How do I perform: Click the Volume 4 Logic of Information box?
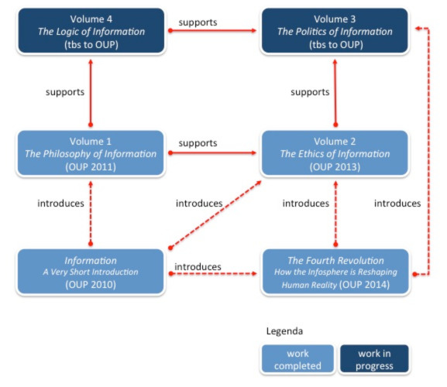[x=91, y=31]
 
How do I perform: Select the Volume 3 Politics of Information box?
[x=335, y=31]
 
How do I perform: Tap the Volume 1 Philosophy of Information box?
[x=91, y=153]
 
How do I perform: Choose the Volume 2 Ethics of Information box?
[x=335, y=153]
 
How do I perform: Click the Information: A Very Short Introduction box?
[x=91, y=272]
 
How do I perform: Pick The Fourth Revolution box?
[x=335, y=272]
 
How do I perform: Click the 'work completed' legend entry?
[x=297, y=359]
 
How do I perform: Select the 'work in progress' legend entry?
[x=374, y=359]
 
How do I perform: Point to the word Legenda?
[x=284, y=331]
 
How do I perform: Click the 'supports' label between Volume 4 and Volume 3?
[x=198, y=22]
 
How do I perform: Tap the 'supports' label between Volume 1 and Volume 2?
[x=198, y=143]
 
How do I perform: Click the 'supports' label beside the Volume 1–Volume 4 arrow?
[x=65, y=92]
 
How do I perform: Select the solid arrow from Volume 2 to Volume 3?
[x=335, y=93]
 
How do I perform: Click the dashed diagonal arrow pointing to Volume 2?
[x=215, y=214]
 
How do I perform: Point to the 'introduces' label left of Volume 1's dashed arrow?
[x=60, y=204]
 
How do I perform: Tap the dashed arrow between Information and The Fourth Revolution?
[x=213, y=274]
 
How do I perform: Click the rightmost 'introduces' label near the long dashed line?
[x=397, y=204]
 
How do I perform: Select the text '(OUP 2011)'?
[x=91, y=167]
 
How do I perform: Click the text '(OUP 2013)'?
[x=335, y=167]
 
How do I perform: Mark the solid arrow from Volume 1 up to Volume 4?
[x=91, y=93]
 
